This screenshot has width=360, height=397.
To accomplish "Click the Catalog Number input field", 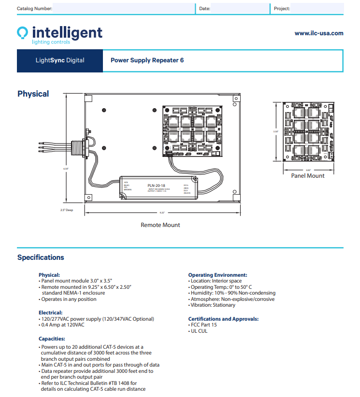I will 123,9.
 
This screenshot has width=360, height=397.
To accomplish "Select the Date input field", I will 240,9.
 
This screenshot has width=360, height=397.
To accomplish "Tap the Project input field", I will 317,9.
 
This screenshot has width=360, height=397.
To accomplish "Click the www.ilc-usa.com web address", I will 319,33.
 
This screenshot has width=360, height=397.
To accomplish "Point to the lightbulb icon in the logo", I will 23,33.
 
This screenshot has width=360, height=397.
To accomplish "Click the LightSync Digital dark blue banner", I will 60,60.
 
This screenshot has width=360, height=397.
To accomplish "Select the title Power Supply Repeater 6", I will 147,60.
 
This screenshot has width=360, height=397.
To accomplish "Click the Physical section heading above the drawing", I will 33,94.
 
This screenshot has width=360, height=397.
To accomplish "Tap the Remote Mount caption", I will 160,225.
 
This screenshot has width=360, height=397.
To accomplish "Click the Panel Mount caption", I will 307,176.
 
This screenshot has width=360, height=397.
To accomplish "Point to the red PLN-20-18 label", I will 156,185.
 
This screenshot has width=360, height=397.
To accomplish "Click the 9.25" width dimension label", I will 162,213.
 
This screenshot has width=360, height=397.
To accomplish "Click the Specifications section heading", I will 41,257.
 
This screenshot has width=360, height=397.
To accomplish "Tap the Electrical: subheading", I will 50,312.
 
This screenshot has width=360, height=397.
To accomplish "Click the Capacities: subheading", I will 52,339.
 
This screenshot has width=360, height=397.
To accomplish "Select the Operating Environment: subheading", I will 217,274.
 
